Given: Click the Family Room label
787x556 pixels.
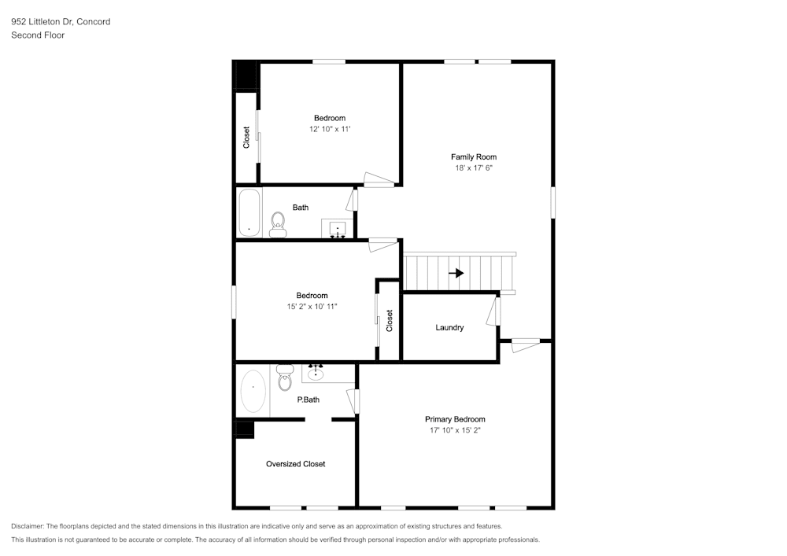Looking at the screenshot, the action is click(473, 157).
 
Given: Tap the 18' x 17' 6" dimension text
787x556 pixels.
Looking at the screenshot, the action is click(473, 168).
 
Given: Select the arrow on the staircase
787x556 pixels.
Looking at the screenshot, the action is click(456, 273).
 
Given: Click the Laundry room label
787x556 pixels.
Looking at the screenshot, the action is click(449, 327).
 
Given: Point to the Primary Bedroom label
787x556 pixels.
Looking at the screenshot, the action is click(455, 419).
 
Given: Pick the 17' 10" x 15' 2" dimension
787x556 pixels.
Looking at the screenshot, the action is click(455, 430).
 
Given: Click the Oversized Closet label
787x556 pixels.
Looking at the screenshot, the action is click(295, 464).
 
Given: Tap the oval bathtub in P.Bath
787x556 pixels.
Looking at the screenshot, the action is click(253, 391).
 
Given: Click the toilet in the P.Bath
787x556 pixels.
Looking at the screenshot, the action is click(285, 377).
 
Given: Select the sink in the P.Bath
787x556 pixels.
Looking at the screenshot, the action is click(316, 373).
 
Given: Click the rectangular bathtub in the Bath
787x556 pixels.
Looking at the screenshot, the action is click(249, 212).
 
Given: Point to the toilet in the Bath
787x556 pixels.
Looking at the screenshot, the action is click(278, 225).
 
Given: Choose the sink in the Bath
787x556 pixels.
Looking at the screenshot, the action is click(338, 229).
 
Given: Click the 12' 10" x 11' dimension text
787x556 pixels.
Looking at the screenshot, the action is click(329, 129).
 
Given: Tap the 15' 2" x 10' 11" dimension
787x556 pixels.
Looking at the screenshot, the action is click(312, 307).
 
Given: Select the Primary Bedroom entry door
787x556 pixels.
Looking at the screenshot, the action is click(525, 345).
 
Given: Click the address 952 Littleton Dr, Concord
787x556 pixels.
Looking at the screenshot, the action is click(61, 21).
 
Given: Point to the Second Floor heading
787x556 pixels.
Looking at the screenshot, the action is click(38, 35).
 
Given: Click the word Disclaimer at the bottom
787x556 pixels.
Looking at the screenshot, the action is click(27, 526).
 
